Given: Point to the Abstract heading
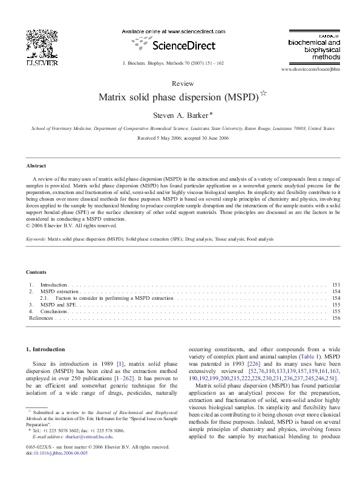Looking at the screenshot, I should pos(37,165).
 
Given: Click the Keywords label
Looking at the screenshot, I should pos(36,239).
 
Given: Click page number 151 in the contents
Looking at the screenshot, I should pos(336,284).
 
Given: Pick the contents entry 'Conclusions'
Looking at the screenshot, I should pos(54,311).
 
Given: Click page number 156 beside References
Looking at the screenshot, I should pos(336,318).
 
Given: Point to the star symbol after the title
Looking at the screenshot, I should pos(263,93).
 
